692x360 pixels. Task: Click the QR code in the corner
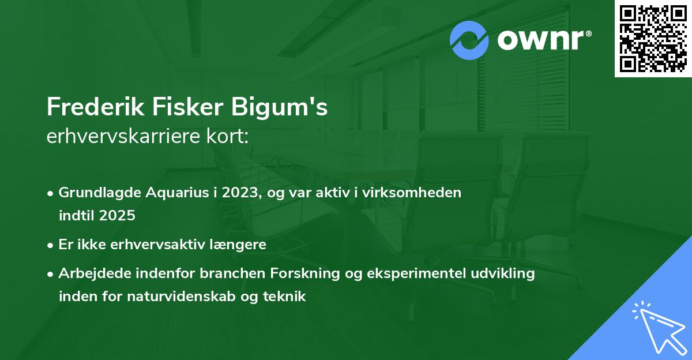coord(653,39)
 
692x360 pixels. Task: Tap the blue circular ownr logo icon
coord(469,40)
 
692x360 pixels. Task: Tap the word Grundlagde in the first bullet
coord(95,193)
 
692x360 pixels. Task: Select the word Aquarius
coord(168,193)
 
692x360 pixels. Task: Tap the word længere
coord(241,245)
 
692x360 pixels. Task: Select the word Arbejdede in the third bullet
coord(92,273)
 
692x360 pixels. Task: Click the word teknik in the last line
coord(287,297)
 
